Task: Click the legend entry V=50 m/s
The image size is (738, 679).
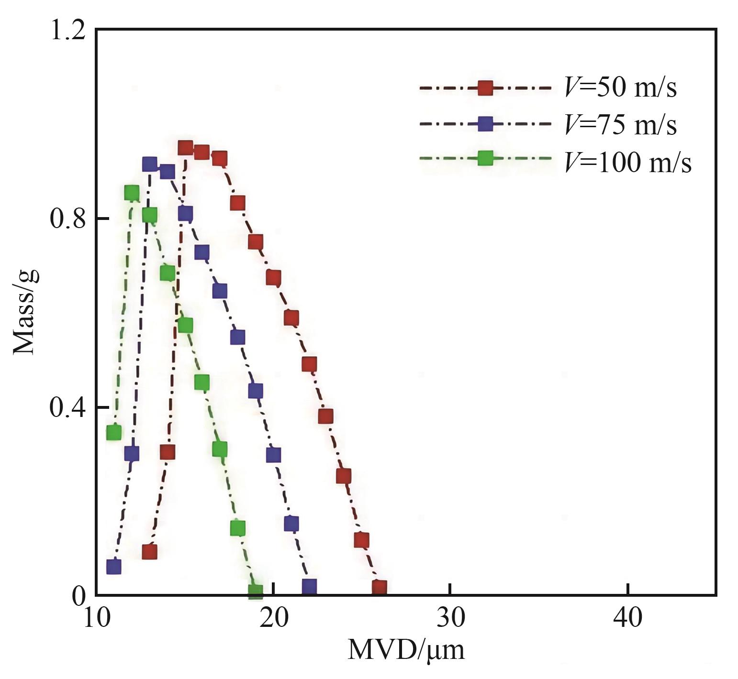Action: [621, 88]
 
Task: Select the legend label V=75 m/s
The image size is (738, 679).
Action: [621, 125]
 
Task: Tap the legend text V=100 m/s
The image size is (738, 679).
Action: [628, 163]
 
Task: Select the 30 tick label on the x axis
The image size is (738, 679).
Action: [450, 618]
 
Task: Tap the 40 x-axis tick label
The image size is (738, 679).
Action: [627, 618]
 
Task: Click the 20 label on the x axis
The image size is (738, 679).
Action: [273, 618]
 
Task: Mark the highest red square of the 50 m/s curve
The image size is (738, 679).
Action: [185, 148]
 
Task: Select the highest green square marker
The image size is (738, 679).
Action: [132, 193]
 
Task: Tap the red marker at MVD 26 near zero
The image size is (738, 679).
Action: [380, 588]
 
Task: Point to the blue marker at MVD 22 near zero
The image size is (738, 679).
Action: [309, 586]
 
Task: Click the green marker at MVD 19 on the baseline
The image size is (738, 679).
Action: [256, 591]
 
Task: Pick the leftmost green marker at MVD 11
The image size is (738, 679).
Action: [114, 432]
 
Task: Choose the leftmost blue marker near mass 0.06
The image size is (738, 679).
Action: [114, 567]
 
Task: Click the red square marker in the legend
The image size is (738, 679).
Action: [486, 88]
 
